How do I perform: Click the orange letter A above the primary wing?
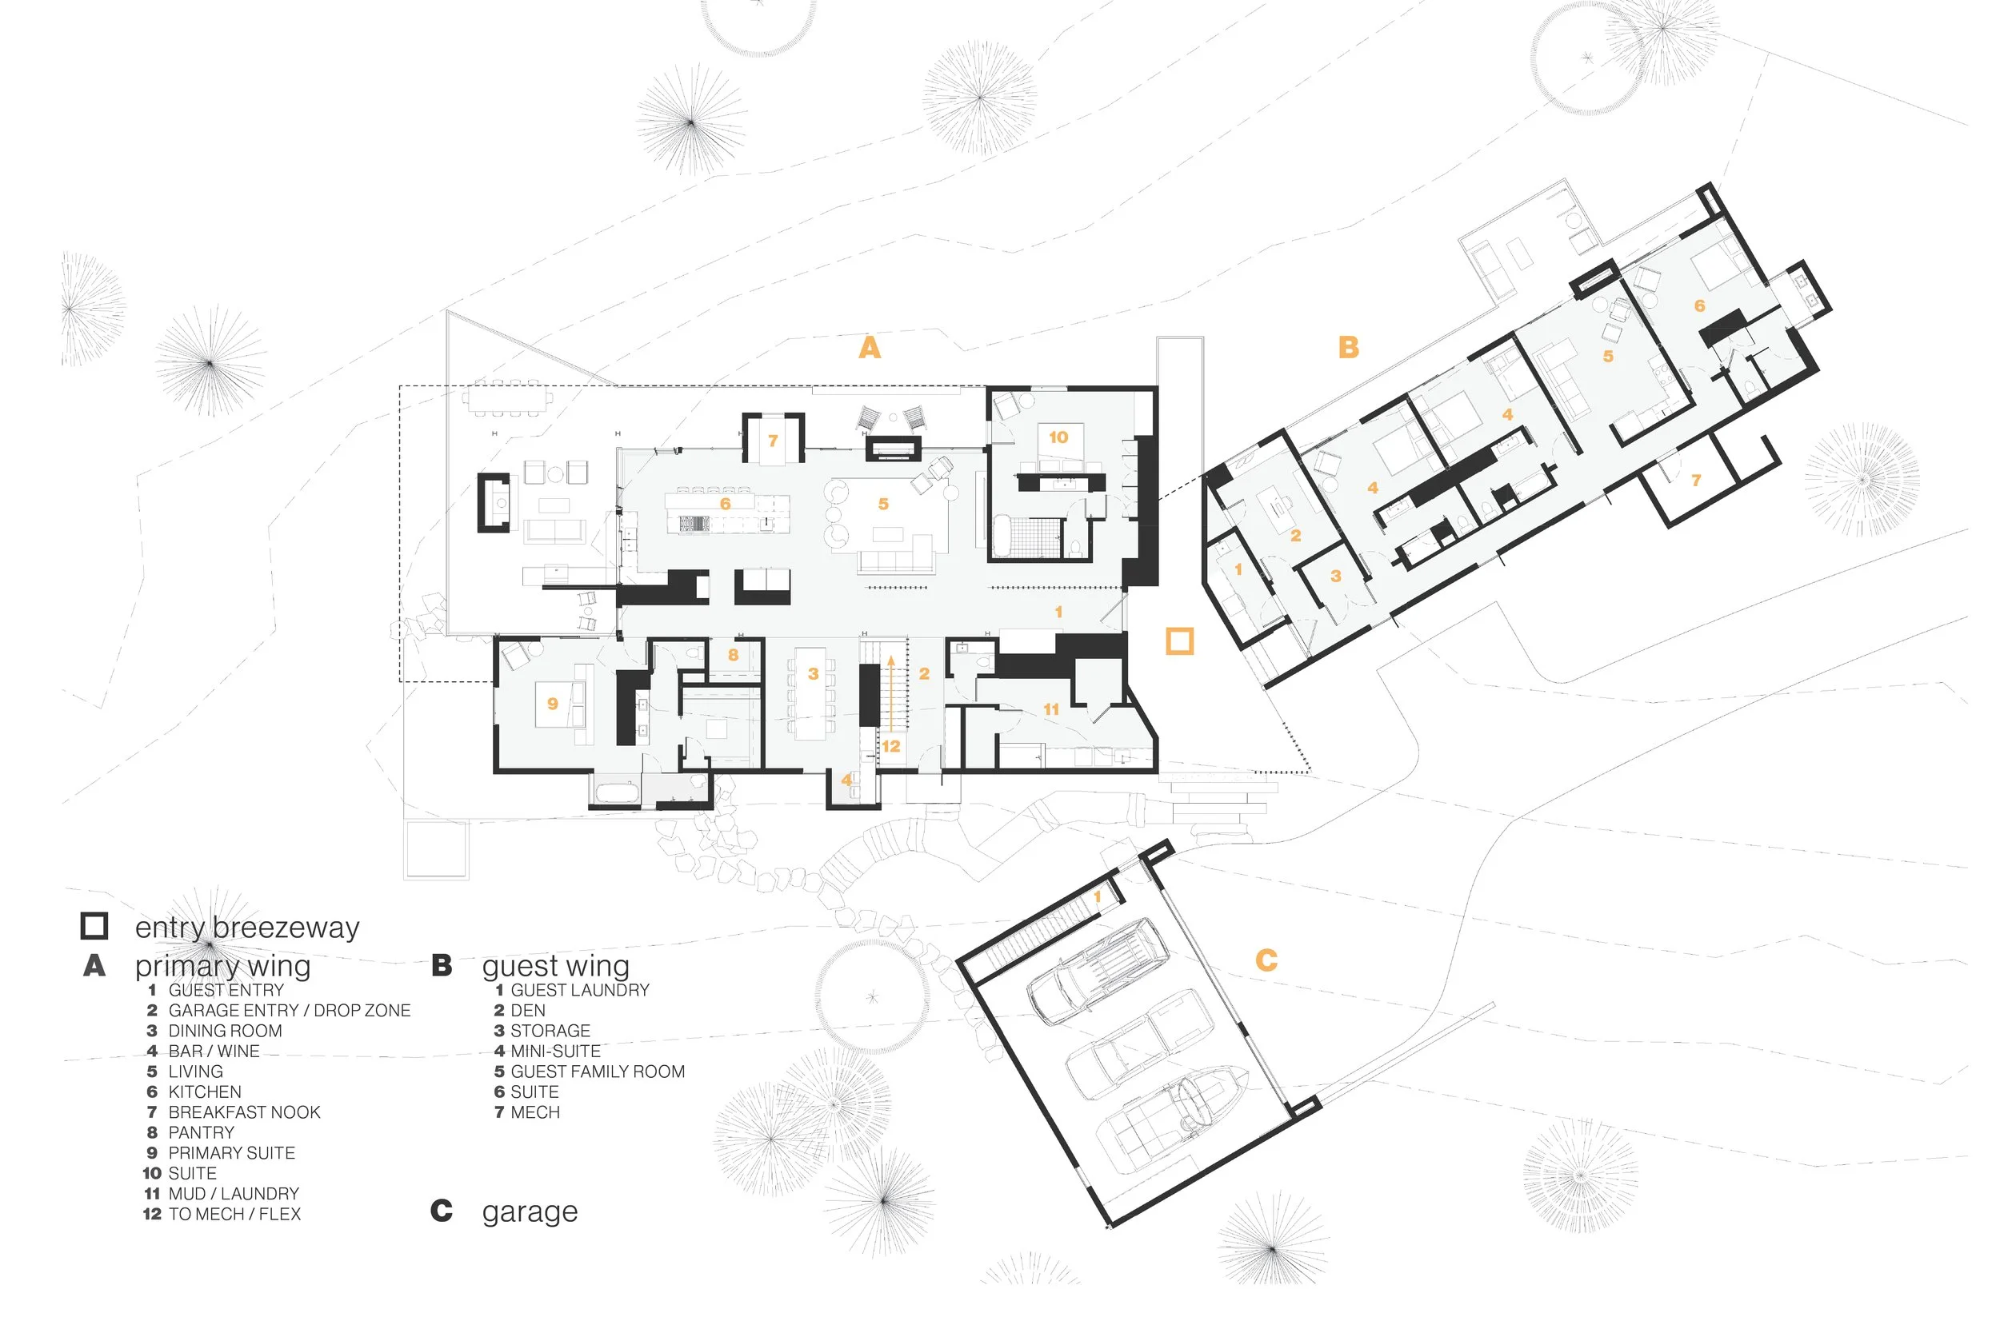click(869, 347)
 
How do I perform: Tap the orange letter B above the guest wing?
click(1349, 347)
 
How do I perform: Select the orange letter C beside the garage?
click(1266, 960)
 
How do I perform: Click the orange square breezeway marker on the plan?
click(1179, 641)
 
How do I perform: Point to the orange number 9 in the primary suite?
click(553, 703)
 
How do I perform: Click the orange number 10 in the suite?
click(1058, 437)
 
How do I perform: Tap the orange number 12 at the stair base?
click(890, 746)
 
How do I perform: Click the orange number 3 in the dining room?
click(813, 673)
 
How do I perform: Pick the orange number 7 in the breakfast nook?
click(773, 441)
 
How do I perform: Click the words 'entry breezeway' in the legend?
click(246, 927)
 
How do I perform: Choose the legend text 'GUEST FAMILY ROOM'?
click(597, 1072)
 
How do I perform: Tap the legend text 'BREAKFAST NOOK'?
click(244, 1112)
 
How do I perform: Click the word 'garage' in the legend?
click(529, 1211)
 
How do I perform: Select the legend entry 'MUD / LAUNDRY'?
click(233, 1194)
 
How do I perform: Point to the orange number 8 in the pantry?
click(733, 655)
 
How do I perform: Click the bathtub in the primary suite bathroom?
click(617, 793)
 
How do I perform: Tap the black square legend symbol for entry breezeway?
click(94, 926)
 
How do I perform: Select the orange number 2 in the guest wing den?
click(1295, 536)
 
